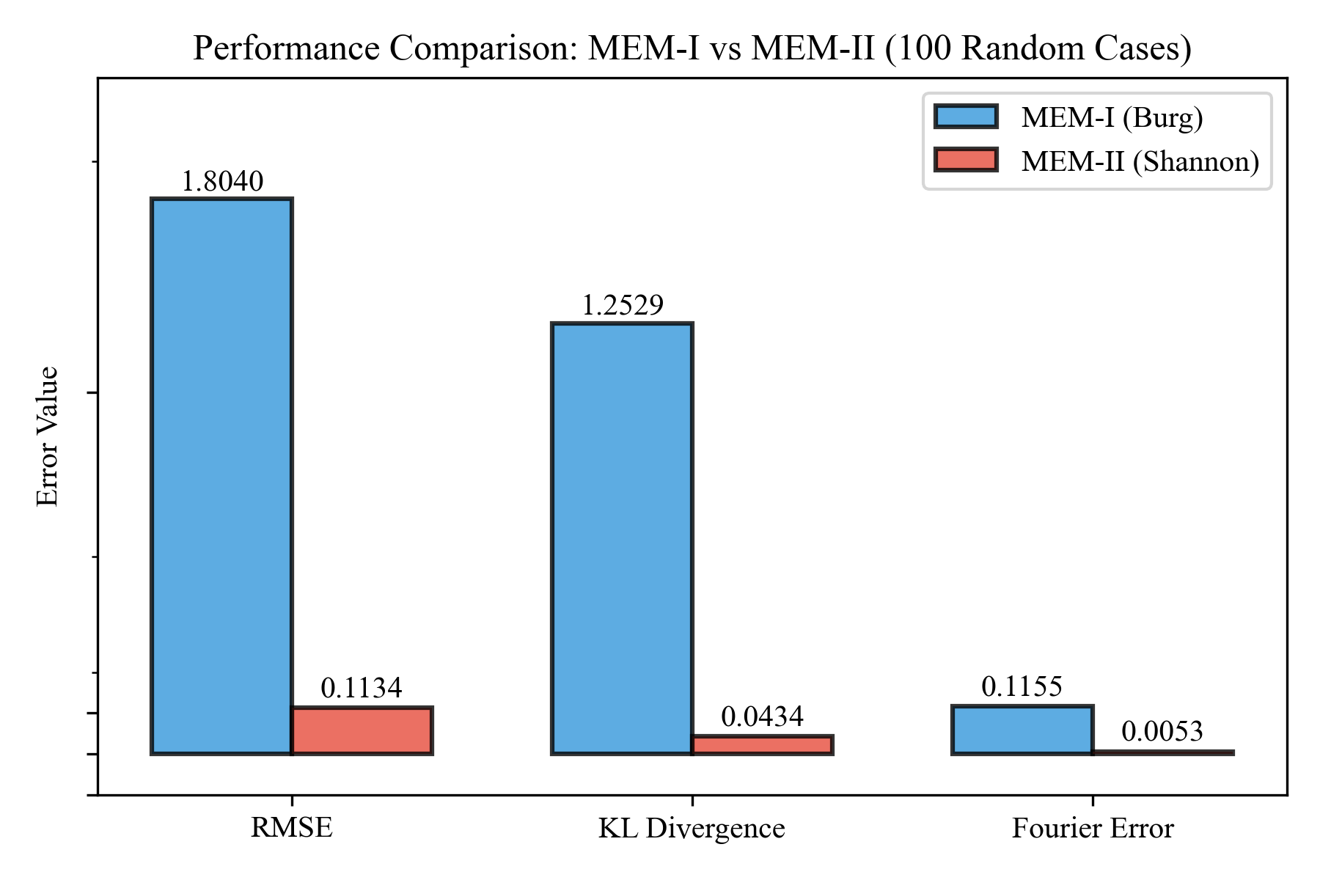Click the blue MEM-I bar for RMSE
pyautogui.click(x=221, y=477)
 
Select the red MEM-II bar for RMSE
pyautogui.click(x=362, y=730)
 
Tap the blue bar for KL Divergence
pyautogui.click(x=622, y=538)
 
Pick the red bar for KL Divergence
pyautogui.click(x=762, y=744)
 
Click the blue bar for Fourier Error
pyautogui.click(x=1022, y=730)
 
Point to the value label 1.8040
pyautogui.click(x=221, y=182)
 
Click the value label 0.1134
pyautogui.click(x=362, y=689)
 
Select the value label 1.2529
pyautogui.click(x=622, y=306)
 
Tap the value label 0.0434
pyautogui.click(x=762, y=717)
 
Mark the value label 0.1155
pyautogui.click(x=1022, y=687)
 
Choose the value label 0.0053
pyautogui.click(x=1162, y=732)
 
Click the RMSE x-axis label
pyautogui.click(x=292, y=829)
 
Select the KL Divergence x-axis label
pyautogui.click(x=692, y=829)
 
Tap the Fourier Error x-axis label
pyautogui.click(x=1093, y=829)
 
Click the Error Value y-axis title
pyautogui.click(x=48, y=436)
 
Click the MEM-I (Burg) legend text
pyautogui.click(x=1112, y=118)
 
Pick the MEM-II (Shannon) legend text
pyautogui.click(x=1140, y=161)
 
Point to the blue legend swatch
pyautogui.click(x=966, y=117)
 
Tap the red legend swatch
pyautogui.click(x=966, y=160)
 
